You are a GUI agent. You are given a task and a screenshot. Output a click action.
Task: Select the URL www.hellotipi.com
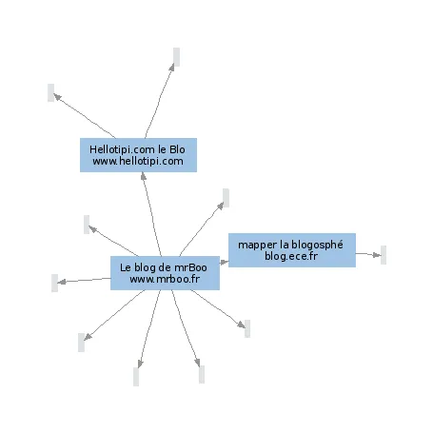coord(138,161)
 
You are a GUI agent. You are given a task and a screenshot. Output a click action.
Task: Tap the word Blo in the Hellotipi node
coord(177,149)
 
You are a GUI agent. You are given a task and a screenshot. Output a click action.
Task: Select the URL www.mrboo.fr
coord(165,279)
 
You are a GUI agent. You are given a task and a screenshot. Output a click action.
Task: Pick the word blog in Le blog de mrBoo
coord(145,268)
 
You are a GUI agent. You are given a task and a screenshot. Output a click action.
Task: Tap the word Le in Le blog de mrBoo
coord(126,267)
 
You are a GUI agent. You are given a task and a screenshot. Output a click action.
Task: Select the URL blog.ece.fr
coord(291,256)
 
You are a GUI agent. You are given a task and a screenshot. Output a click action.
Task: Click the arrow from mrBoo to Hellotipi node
coord(152,214)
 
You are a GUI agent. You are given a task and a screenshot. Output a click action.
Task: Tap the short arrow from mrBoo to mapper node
coord(224,262)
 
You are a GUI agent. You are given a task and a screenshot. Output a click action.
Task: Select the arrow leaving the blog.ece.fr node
coord(368,254)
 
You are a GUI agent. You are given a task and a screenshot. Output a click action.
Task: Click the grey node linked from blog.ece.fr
coord(384,255)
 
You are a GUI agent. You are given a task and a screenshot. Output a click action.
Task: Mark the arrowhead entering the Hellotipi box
coord(144,176)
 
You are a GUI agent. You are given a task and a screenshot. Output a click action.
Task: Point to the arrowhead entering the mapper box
coord(225,262)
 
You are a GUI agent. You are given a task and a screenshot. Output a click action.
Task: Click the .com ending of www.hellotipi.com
coord(173,161)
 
